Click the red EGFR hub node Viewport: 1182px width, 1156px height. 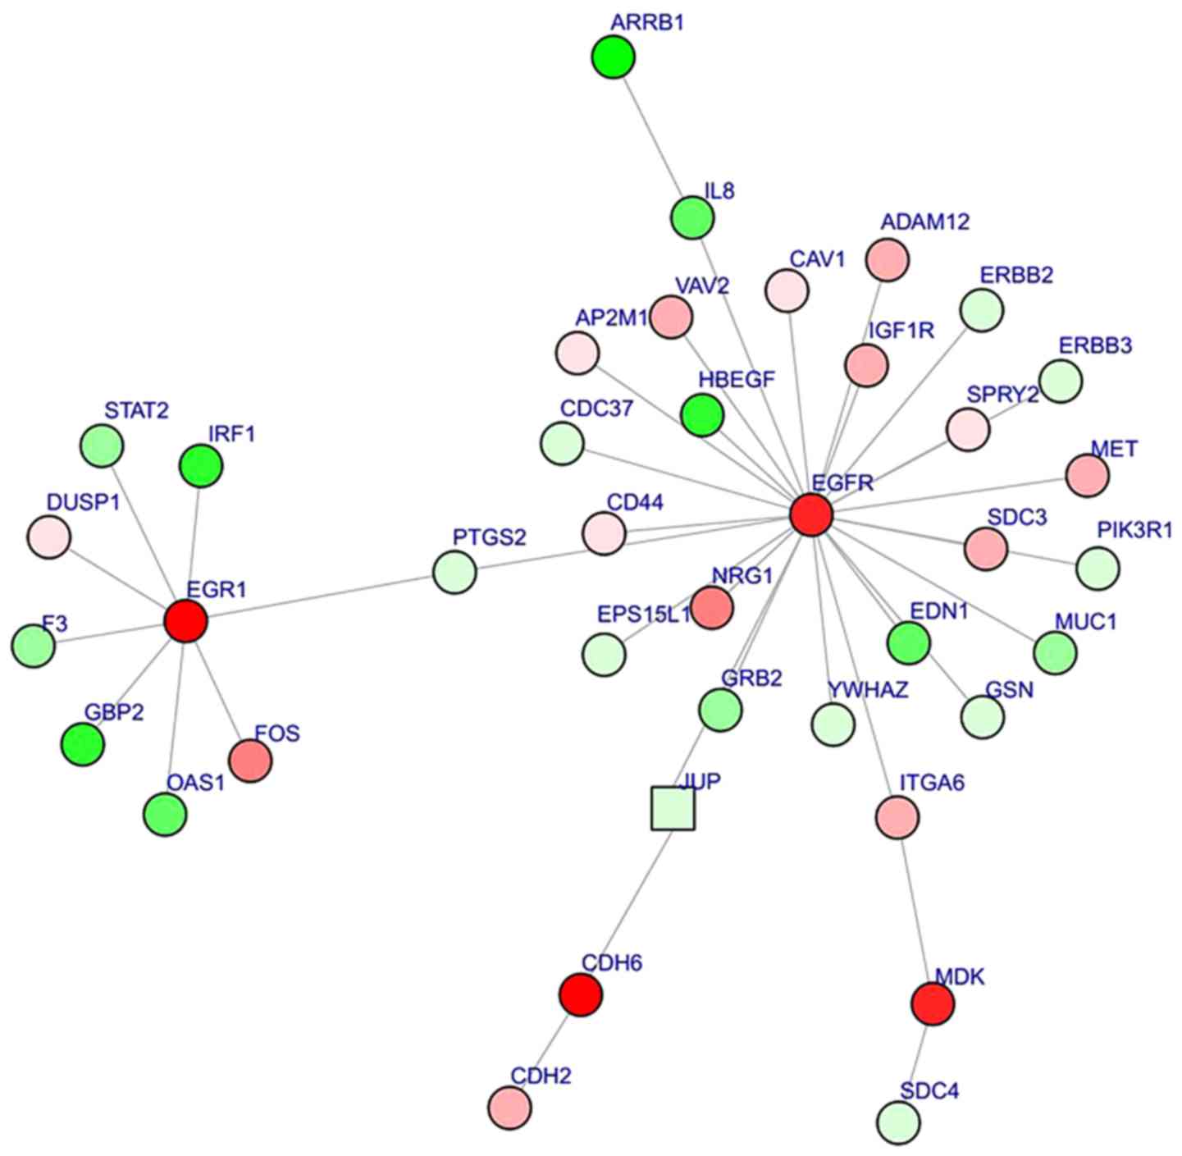(812, 515)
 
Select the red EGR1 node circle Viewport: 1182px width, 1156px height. (185, 621)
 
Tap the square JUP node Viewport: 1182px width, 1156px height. (673, 808)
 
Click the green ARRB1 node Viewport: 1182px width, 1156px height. (614, 57)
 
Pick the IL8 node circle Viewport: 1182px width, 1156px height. (692, 218)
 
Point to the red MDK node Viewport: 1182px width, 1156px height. (933, 1003)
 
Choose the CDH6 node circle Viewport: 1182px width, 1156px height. (581, 994)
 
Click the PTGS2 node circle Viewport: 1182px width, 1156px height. (454, 573)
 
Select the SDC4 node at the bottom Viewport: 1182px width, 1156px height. (899, 1122)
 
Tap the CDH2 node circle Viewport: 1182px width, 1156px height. (509, 1107)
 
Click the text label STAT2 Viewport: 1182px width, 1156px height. (136, 410)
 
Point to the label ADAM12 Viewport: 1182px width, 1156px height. (925, 222)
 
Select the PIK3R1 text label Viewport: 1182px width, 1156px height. (1134, 531)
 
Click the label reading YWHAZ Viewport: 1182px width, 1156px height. (868, 690)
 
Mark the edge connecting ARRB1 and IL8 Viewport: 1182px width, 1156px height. (652, 136)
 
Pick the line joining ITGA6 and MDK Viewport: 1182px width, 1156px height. (915, 909)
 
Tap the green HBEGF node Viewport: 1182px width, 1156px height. (702, 415)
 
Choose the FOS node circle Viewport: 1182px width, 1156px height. (250, 761)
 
